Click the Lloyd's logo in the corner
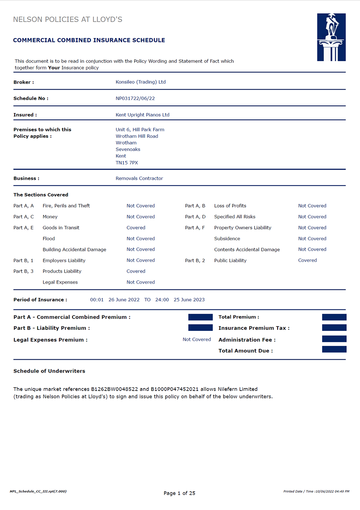[331, 37]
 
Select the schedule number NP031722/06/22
[135, 99]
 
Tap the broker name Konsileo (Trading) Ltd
[140, 82]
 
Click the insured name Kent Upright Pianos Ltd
[142, 115]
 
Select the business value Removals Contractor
[139, 178]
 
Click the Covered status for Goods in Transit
[136, 228]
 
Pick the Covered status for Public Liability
[307, 260]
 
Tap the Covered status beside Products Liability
[136, 271]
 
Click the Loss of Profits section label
[230, 206]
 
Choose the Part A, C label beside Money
[23, 217]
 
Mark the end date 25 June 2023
[189, 300]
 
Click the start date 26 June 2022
[124, 300]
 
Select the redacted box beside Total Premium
[334, 317]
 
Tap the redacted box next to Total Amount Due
[334, 349]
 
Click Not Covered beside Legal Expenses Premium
[197, 340]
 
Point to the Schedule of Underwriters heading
[49, 371]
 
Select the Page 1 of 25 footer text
[179, 493]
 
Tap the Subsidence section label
[227, 239]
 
